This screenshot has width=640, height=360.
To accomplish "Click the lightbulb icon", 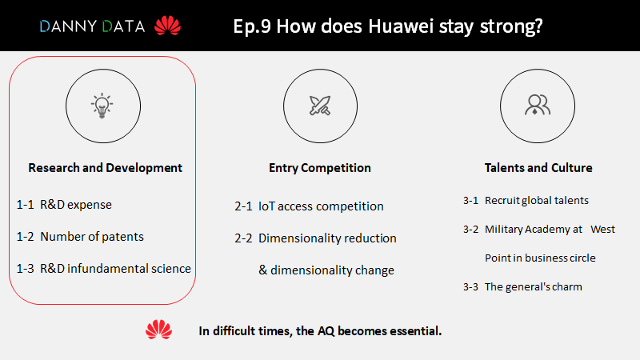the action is (102, 106).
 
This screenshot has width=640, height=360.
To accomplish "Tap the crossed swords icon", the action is (320, 106).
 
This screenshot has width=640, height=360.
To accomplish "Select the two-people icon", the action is (538, 105).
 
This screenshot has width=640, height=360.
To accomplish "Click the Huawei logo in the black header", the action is (167, 26).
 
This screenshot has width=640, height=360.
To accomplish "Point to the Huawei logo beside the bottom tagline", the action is (158, 330).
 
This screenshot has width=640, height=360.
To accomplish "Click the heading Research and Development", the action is (105, 168).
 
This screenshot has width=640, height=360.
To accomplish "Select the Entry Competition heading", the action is (319, 168).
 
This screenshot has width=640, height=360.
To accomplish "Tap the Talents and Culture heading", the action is (538, 168).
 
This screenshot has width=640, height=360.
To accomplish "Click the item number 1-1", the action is (25, 205).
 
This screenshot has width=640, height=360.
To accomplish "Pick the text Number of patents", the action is (92, 237).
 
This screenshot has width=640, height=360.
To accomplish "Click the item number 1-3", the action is (25, 269).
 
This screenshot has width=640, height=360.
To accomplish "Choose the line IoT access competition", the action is (321, 206).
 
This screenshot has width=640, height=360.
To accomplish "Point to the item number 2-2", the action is (243, 238).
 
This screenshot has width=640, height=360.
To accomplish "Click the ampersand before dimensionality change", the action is (263, 270).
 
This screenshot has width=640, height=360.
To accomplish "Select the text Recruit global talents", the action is (537, 201).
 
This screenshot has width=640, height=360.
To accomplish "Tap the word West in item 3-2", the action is (602, 230).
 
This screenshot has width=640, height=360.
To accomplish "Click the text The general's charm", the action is (534, 287).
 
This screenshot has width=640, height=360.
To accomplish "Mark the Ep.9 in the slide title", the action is (252, 26).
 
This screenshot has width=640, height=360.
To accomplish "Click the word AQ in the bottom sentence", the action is (326, 331).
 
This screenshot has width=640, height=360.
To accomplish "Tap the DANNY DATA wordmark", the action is (92, 26).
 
